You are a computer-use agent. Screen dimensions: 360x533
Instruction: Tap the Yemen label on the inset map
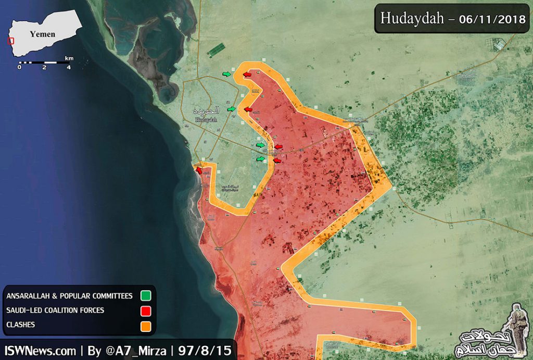tap(42, 34)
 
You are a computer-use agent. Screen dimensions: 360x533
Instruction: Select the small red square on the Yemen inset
tap(10, 41)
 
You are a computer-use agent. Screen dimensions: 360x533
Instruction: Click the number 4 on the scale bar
tap(69, 67)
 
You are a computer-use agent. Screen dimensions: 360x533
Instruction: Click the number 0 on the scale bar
tap(19, 67)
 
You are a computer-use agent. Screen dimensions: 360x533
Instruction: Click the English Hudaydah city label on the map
tap(206, 119)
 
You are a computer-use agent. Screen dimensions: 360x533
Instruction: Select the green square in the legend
tap(146, 296)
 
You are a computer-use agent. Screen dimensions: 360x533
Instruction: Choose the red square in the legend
tap(146, 312)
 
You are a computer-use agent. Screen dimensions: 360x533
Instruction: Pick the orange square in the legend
tap(146, 327)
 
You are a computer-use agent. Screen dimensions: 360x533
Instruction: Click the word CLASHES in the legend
tap(21, 325)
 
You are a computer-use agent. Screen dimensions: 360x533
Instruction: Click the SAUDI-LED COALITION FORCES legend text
tap(55, 311)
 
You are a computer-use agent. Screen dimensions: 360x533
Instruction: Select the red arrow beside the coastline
tap(199, 169)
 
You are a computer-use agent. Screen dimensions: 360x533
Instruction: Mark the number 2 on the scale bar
tap(44, 67)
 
